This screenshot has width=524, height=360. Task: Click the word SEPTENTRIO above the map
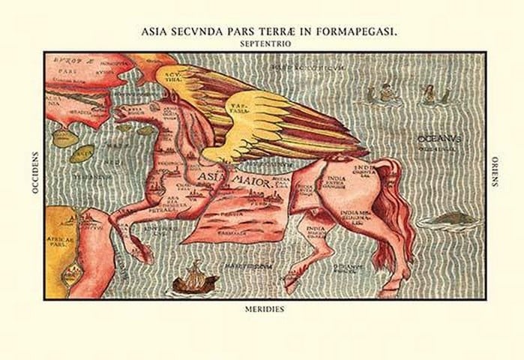(x=262, y=44)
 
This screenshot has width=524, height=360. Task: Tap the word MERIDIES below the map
(x=264, y=308)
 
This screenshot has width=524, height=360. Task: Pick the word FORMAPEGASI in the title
(x=349, y=32)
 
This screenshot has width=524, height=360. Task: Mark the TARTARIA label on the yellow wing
(x=242, y=109)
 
